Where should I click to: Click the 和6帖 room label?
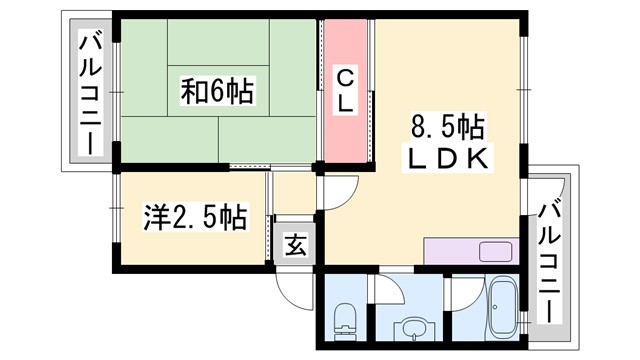coord(218,93)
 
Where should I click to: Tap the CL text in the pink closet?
coord(344,89)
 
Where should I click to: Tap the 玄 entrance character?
coord(297,243)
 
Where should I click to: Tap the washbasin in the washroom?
coord(411,326)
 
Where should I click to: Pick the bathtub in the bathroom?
coord(500,311)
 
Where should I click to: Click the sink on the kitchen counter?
coord(494,251)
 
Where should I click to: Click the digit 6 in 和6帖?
coord(218,93)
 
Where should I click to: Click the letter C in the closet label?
coord(344,75)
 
